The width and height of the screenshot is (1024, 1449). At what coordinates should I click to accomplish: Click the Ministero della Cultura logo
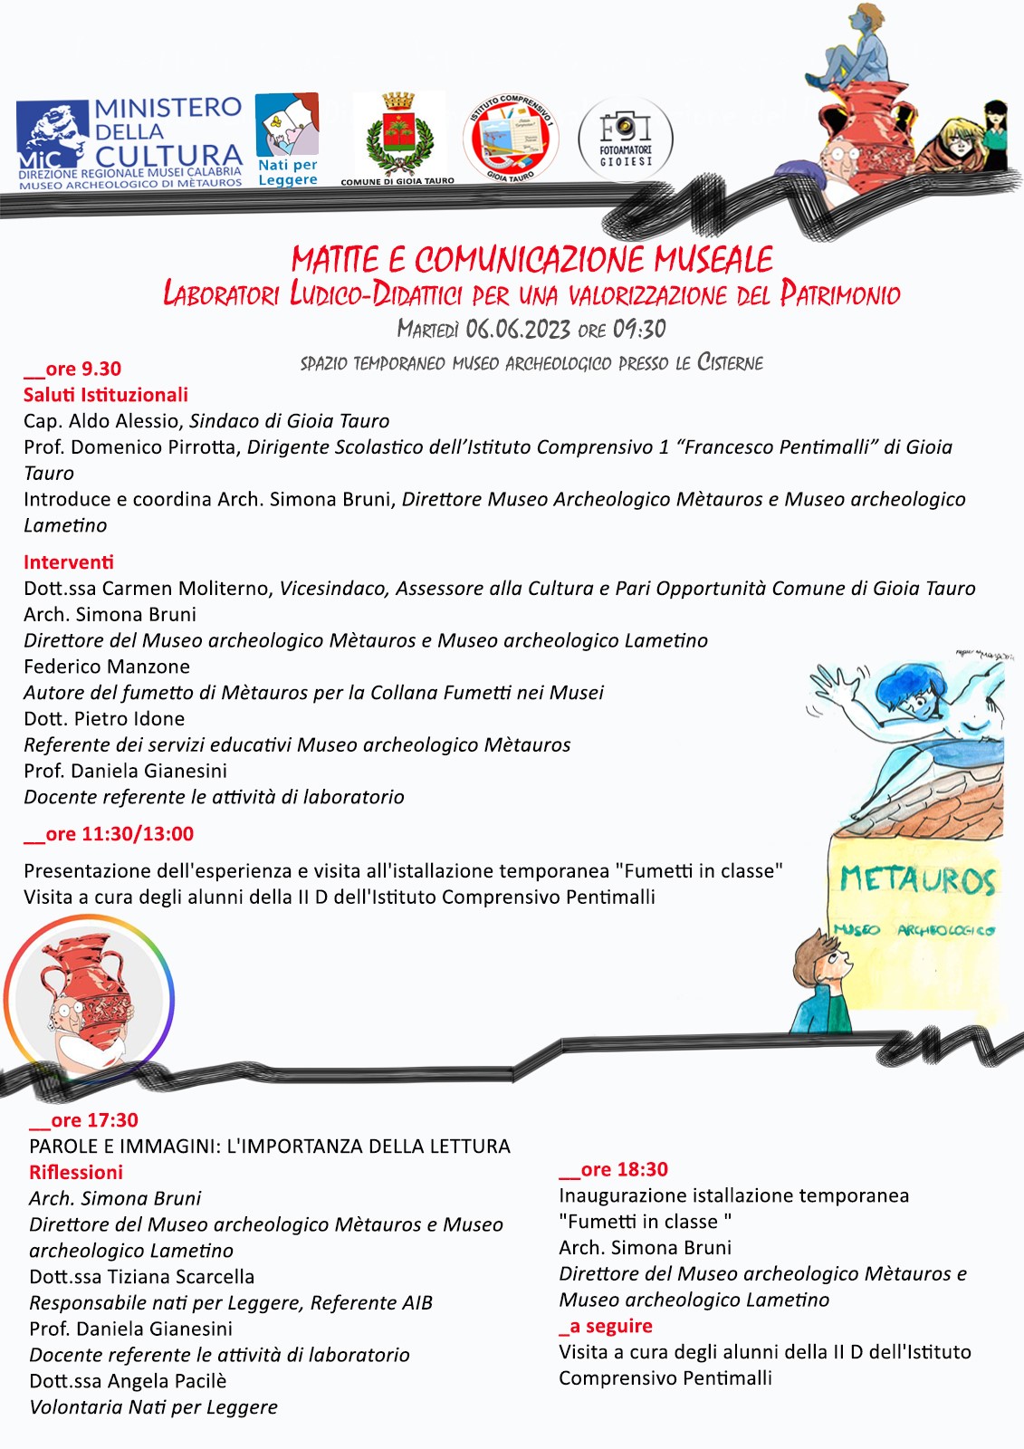tap(129, 143)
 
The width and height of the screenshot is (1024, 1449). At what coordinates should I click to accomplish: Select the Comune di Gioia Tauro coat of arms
tap(397, 137)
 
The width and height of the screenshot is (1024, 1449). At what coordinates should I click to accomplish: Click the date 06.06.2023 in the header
tap(518, 329)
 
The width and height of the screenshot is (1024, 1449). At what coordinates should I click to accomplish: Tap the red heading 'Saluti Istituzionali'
tap(106, 395)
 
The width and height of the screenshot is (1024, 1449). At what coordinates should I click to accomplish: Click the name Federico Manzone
tap(107, 667)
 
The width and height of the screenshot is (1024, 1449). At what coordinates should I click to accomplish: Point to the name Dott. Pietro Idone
tap(104, 719)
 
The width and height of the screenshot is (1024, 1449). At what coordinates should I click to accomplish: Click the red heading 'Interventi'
tap(69, 562)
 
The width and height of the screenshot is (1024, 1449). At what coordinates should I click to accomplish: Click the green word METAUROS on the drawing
tap(917, 880)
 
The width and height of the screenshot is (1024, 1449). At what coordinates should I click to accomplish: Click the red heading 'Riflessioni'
tap(76, 1173)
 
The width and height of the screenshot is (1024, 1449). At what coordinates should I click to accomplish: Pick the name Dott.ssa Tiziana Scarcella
tap(142, 1277)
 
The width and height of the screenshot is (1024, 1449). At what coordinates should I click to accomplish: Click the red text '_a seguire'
tap(606, 1327)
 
